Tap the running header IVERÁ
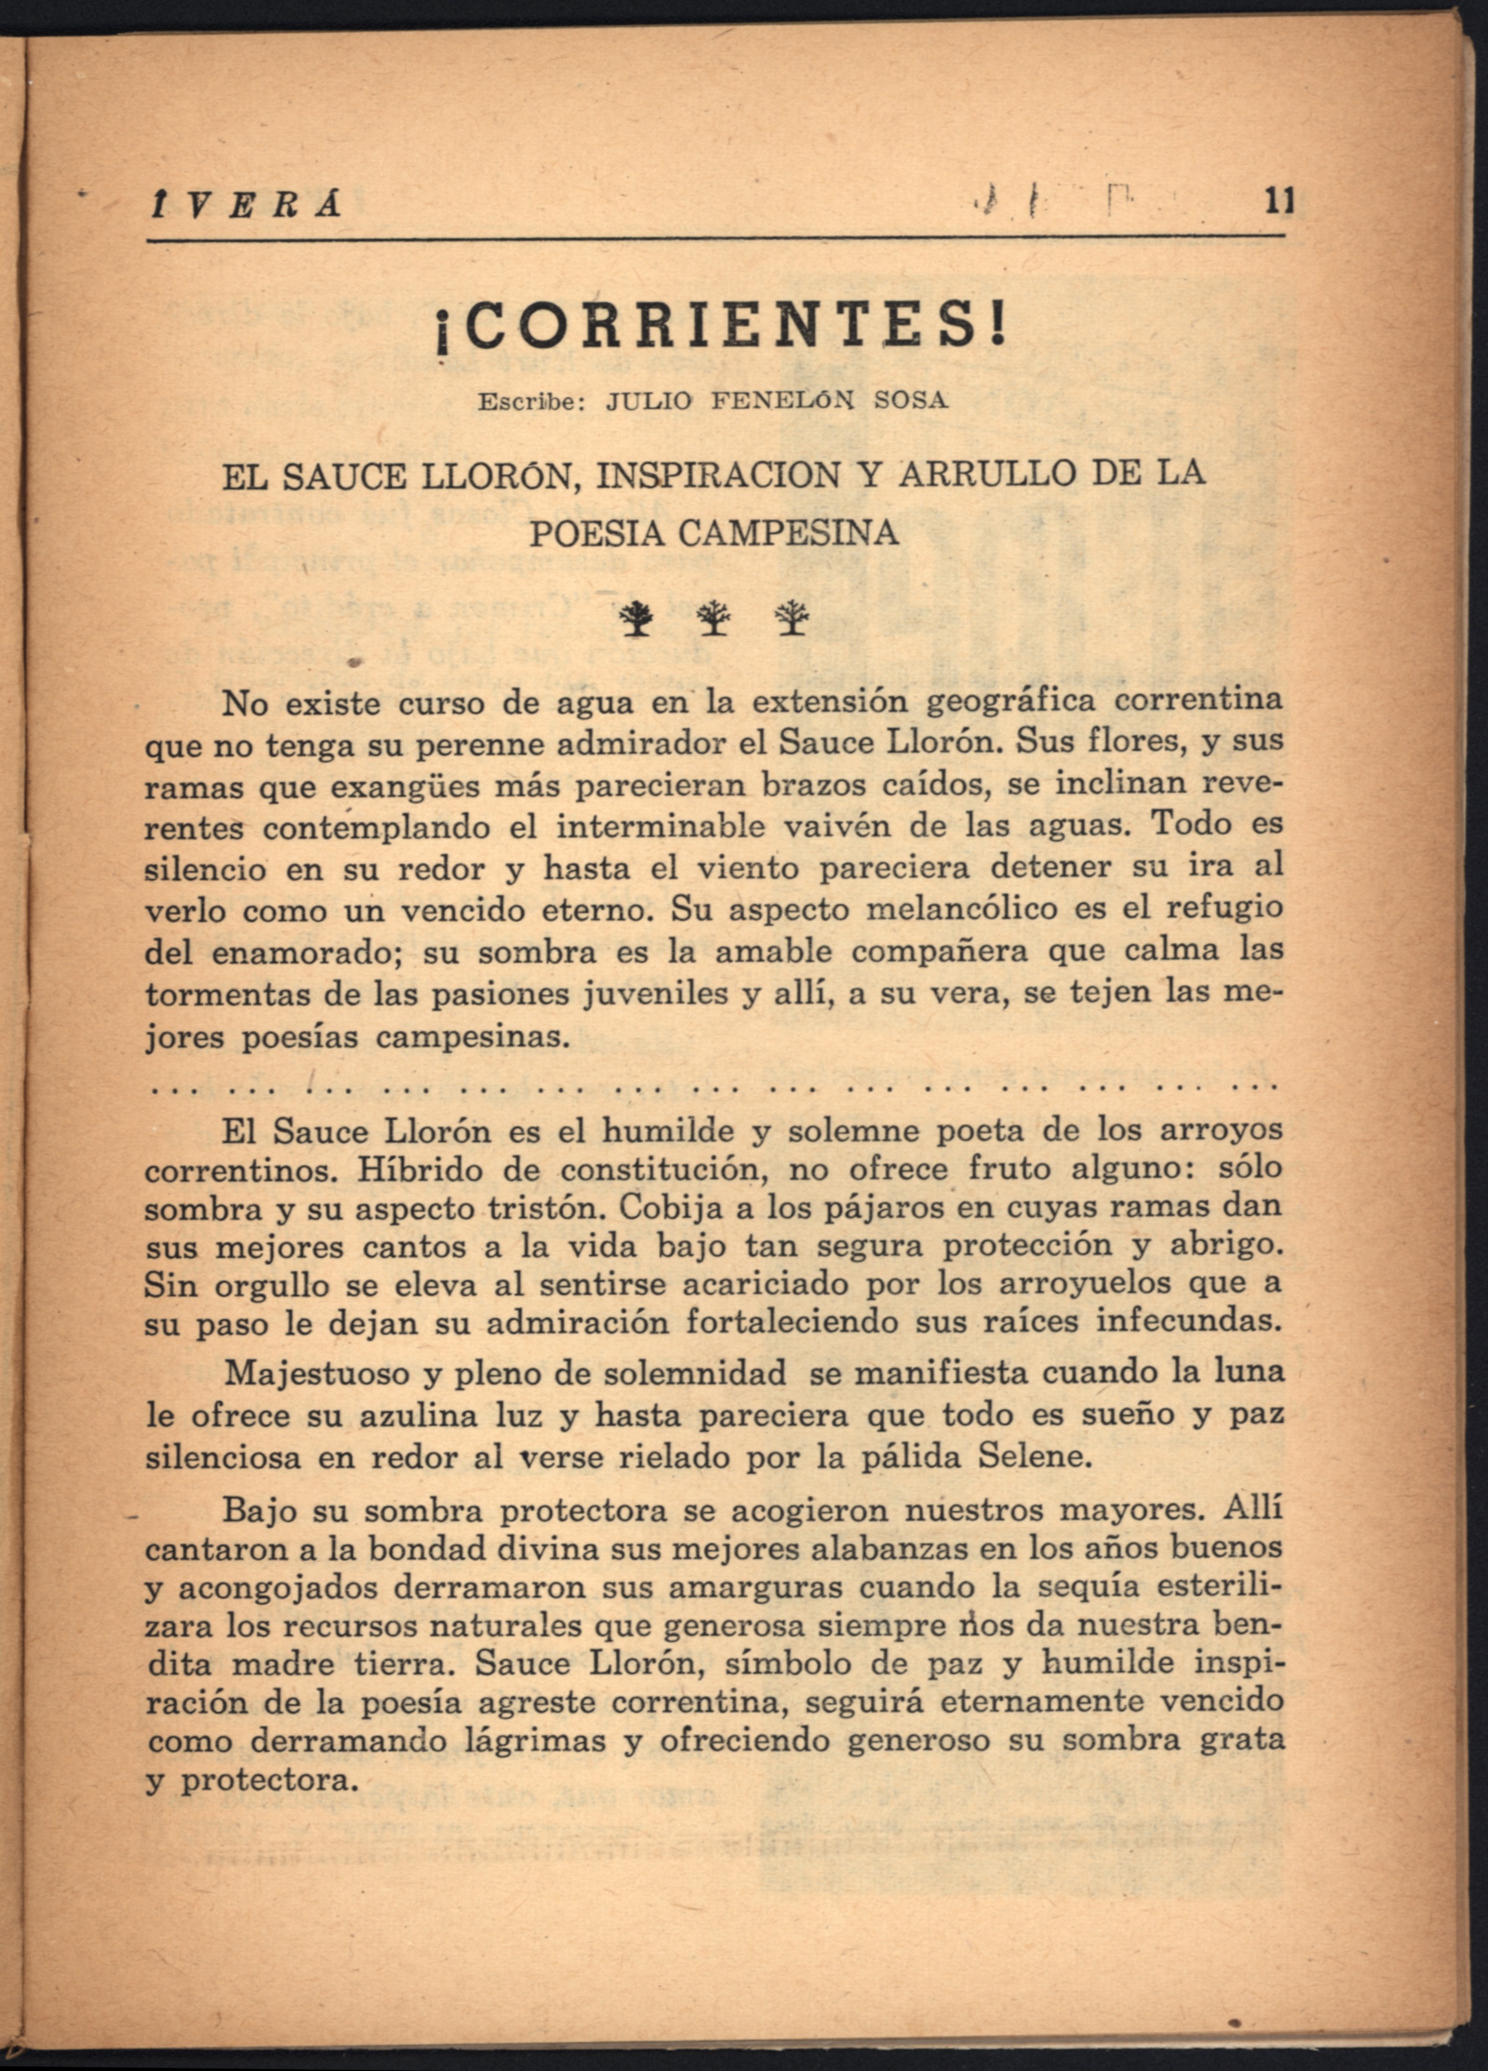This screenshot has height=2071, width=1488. [x=244, y=205]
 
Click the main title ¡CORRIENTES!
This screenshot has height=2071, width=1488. [x=720, y=329]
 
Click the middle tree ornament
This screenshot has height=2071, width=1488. [x=713, y=620]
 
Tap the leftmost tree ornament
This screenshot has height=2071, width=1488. [x=635, y=620]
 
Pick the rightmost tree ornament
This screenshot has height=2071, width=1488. [x=791, y=620]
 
